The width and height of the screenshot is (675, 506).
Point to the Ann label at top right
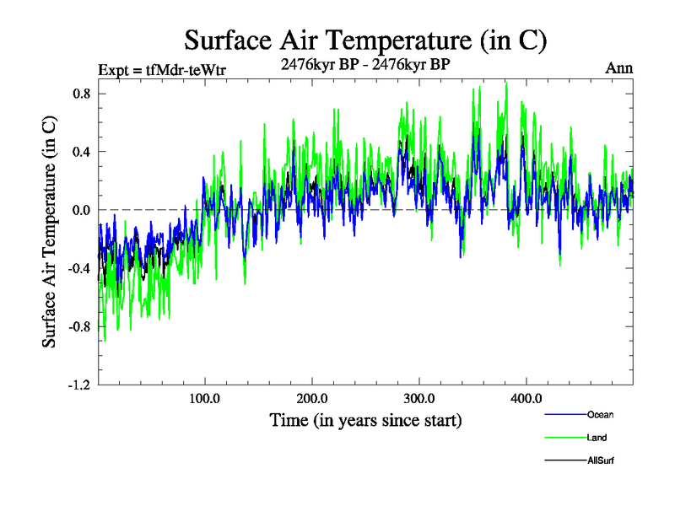click(x=619, y=68)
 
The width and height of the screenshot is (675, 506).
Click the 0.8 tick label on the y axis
click(x=81, y=94)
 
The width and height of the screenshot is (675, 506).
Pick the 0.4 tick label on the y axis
click(x=81, y=152)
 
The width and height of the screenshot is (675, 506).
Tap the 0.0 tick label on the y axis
click(x=81, y=210)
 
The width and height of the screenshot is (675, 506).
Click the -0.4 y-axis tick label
click(x=79, y=268)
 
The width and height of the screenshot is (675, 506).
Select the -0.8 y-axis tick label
click(x=79, y=326)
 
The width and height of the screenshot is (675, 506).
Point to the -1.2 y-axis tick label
click(x=79, y=385)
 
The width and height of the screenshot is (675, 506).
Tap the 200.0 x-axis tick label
click(x=312, y=398)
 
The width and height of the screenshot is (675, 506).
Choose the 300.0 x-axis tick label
click(x=419, y=398)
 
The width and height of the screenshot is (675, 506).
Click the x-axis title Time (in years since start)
click(x=365, y=419)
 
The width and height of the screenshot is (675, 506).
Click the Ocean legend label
click(x=601, y=415)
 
